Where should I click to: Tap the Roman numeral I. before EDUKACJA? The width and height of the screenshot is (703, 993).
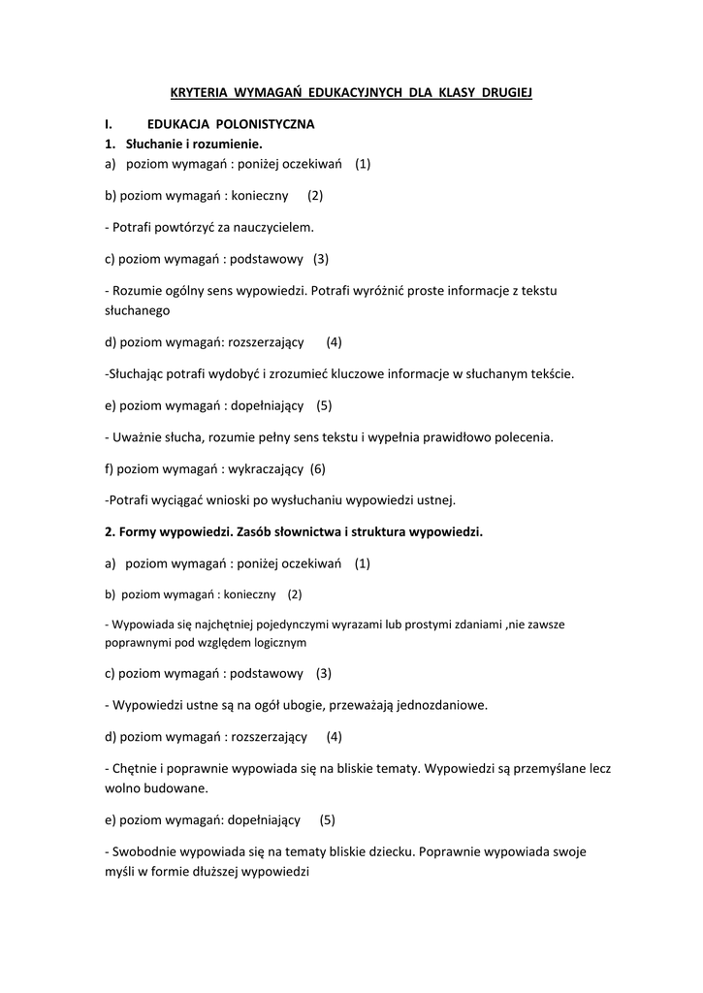tap(109, 125)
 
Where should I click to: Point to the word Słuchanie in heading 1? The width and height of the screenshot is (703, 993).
tap(153, 144)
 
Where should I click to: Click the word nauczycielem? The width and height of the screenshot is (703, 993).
tap(273, 227)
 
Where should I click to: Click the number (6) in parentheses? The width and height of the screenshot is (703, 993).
tap(317, 468)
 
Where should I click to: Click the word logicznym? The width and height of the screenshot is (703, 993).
tap(279, 642)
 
